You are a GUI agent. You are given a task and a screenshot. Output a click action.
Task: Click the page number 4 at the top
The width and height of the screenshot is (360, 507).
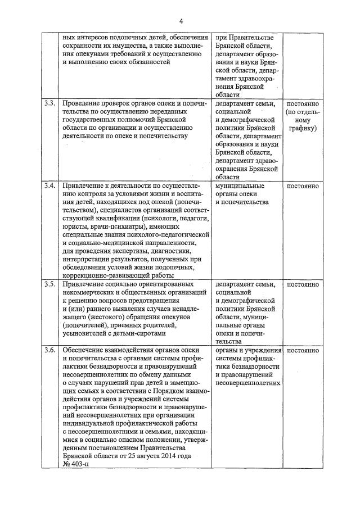181,21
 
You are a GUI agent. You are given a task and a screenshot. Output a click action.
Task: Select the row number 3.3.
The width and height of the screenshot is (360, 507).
49,104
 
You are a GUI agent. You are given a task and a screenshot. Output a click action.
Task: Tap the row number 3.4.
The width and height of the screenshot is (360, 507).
49,185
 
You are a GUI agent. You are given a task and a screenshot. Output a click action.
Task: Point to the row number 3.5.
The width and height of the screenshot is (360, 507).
49,284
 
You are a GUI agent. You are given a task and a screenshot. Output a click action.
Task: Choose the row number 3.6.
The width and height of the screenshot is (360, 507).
49,350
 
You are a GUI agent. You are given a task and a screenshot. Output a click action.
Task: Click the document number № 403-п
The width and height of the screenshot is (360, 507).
75,464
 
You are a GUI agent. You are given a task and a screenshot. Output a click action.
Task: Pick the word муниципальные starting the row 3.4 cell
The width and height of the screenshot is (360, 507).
240,185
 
